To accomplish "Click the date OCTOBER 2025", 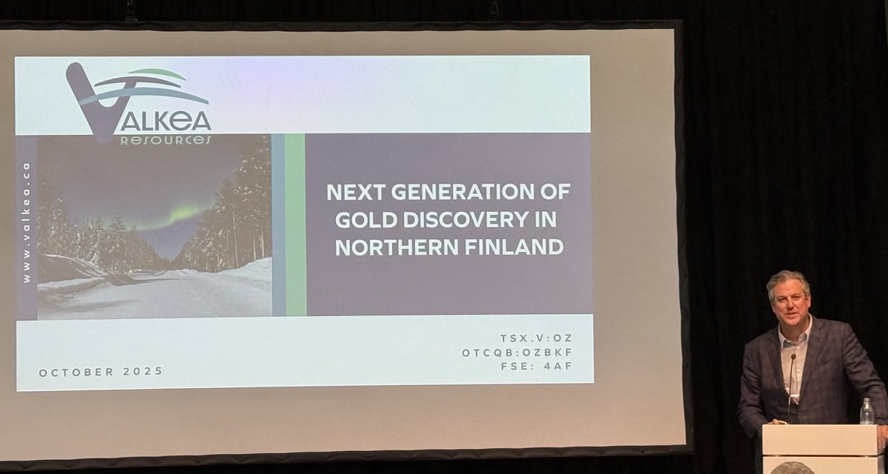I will (101, 372).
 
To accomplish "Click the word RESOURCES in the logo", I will (165, 140).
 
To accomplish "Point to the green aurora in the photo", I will (174, 217).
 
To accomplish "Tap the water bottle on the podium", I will (867, 412).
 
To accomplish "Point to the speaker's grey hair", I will (787, 278).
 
